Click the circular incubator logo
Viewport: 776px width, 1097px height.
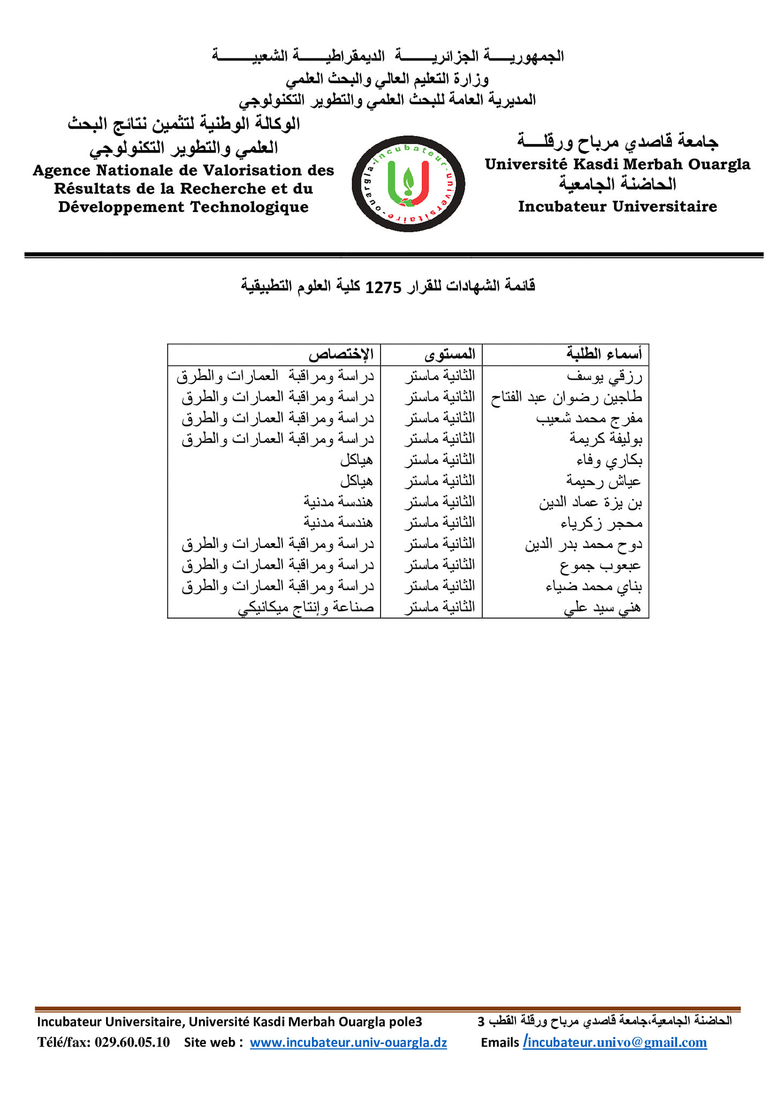coord(408,184)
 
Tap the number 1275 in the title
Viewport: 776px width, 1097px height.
coord(383,288)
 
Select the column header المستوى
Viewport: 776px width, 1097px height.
coord(450,355)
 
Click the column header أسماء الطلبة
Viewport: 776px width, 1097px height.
coord(604,355)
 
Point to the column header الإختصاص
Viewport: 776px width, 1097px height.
coord(341,355)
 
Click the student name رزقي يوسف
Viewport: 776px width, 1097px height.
coord(605,377)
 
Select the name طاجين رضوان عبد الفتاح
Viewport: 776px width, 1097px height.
coord(566,397)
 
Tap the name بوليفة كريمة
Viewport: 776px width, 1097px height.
coord(606,439)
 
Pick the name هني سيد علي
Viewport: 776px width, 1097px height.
coord(602,608)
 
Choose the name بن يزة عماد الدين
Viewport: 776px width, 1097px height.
coord(591,502)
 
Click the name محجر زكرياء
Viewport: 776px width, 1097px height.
coord(601,523)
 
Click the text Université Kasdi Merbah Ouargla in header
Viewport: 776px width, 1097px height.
coord(617,164)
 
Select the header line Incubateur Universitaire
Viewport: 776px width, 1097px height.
coord(617,207)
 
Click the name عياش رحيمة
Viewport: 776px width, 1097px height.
coord(603,482)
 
